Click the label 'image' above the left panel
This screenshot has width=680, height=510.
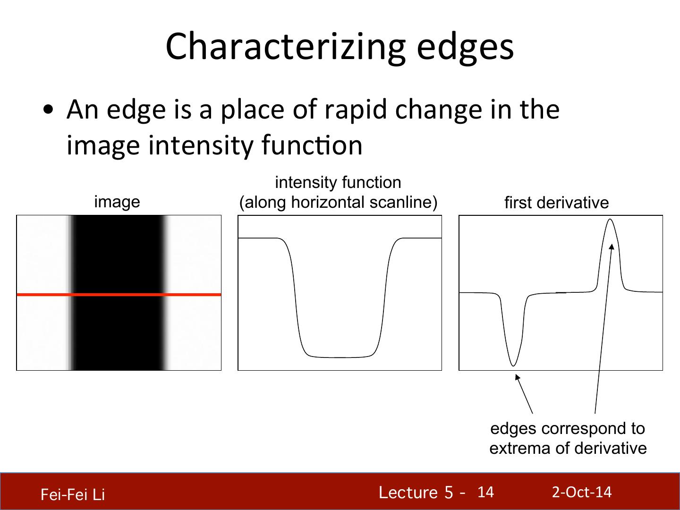coord(117,203)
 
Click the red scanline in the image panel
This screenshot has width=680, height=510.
coord(119,295)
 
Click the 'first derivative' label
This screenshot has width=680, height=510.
coord(557,203)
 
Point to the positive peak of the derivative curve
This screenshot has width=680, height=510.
coord(610,220)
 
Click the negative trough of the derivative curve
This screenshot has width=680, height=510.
coord(513,365)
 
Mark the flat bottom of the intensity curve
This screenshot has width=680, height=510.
coord(339,357)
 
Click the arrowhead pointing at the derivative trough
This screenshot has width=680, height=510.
coord(517,377)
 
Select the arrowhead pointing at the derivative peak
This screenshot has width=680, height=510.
coord(612,247)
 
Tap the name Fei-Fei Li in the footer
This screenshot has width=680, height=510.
coord(73,494)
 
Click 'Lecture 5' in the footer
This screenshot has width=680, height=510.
coord(416,493)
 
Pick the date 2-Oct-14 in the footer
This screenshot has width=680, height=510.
coord(582,492)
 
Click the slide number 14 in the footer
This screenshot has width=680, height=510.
coord(485,492)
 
